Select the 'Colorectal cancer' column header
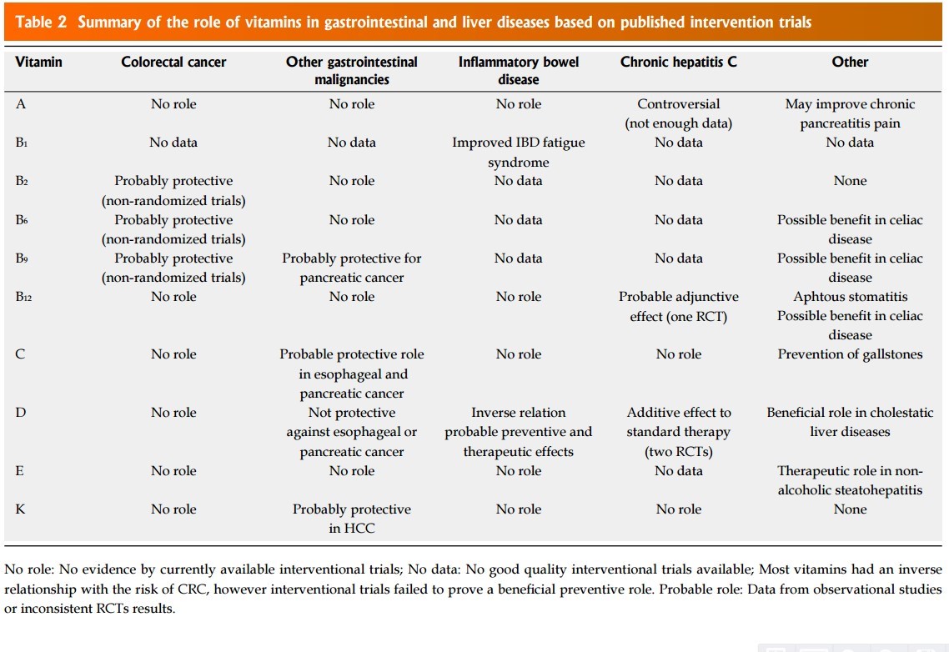pyautogui.click(x=173, y=62)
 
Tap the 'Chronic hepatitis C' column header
pyautogui.click(x=678, y=62)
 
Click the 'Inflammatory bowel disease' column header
pyautogui.click(x=518, y=71)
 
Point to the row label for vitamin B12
pyautogui.click(x=23, y=297)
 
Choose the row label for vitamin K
pyautogui.click(x=20, y=509)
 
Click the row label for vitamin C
pyautogui.click(x=20, y=354)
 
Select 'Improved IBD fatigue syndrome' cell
pyautogui.click(x=518, y=152)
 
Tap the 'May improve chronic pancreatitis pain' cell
pyautogui.click(x=850, y=113)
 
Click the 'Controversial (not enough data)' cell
pyautogui.click(x=678, y=113)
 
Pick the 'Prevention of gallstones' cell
pyautogui.click(x=850, y=354)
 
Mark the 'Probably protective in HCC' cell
pyautogui.click(x=351, y=519)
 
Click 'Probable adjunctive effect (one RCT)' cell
pyautogui.click(x=678, y=306)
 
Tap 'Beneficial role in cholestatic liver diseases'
pyautogui.click(x=850, y=422)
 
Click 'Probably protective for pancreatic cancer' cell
pyautogui.click(x=351, y=268)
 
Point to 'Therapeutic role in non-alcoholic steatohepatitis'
pyautogui.click(x=850, y=480)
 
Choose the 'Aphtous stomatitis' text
pyautogui.click(x=850, y=297)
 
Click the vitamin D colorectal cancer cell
pyautogui.click(x=173, y=413)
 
